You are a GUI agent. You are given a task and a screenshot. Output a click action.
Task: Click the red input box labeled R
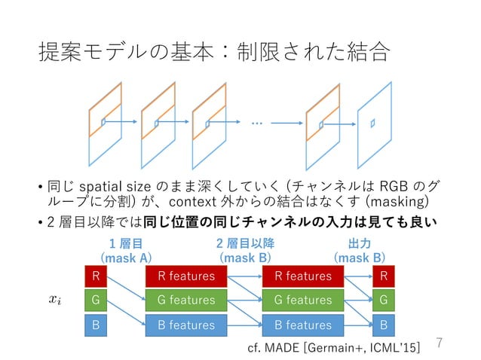(95, 276)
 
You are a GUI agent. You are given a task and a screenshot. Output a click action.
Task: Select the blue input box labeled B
(95, 325)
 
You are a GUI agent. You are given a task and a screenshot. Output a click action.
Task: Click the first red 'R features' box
(186, 276)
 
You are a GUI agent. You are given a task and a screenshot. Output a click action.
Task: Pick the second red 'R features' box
(303, 276)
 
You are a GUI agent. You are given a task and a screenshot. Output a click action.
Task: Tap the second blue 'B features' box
(303, 325)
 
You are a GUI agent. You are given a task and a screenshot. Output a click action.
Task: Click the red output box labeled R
(384, 276)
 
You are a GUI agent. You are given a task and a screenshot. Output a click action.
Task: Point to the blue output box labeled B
(384, 325)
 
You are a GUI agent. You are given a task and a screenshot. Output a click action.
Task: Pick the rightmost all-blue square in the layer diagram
(372, 122)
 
